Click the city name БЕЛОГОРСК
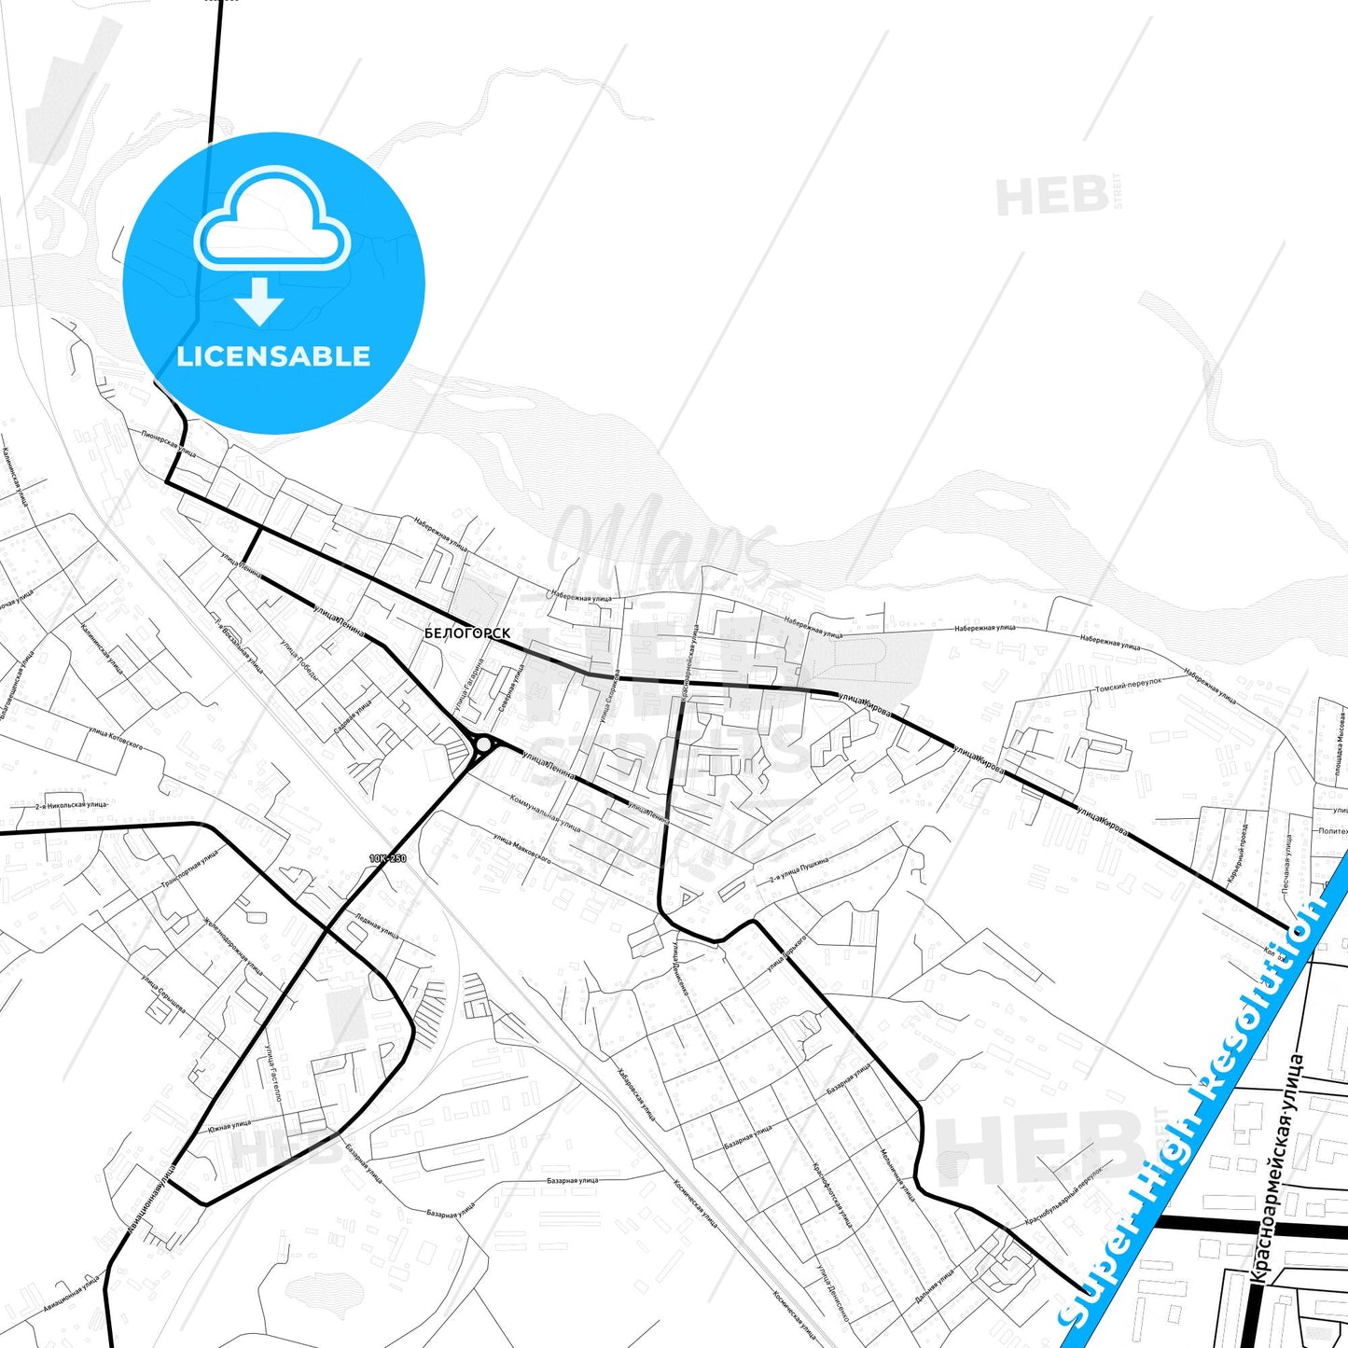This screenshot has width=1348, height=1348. pyautogui.click(x=467, y=633)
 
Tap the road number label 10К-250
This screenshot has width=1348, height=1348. pyautogui.click(x=388, y=858)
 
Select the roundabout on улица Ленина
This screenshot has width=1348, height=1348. pyautogui.click(x=483, y=744)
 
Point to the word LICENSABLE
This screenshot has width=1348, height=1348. pyautogui.click(x=273, y=356)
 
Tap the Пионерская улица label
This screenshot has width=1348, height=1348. pyautogui.click(x=169, y=443)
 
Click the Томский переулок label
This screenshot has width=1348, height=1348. pyautogui.click(x=1128, y=687)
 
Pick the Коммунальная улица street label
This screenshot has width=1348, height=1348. pyautogui.click(x=547, y=813)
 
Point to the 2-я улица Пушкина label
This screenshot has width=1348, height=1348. pyautogui.click(x=799, y=869)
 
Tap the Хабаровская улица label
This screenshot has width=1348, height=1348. pyautogui.click(x=636, y=1093)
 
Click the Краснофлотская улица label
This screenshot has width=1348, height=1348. pyautogui.click(x=832, y=1194)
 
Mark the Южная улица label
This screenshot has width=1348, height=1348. pyautogui.click(x=229, y=1127)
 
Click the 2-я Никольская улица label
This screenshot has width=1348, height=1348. pyautogui.click(x=72, y=804)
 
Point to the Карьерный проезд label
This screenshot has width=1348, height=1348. pyautogui.click(x=1237, y=854)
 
